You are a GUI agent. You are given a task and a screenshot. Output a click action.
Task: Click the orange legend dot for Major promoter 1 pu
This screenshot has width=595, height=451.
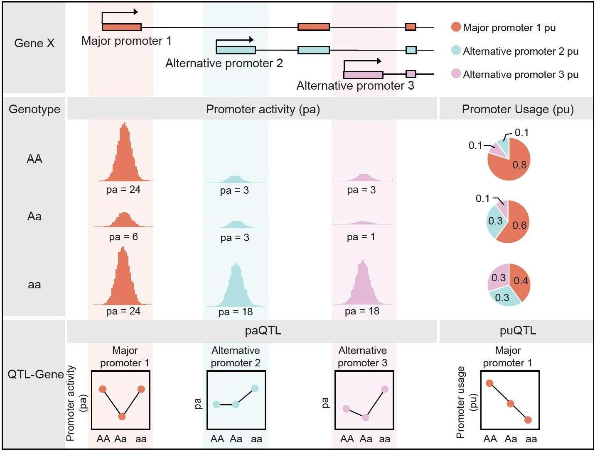(456, 27)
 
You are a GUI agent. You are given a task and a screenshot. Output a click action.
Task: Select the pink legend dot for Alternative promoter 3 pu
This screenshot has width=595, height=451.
(456, 73)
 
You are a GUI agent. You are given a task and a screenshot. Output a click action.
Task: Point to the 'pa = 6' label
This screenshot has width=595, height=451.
(123, 237)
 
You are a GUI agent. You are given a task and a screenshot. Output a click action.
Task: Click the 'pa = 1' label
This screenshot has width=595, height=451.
(361, 237)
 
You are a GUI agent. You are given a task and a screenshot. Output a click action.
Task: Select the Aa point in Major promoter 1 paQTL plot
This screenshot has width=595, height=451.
(122, 416)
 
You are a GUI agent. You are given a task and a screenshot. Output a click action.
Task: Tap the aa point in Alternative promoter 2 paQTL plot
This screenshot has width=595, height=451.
(255, 388)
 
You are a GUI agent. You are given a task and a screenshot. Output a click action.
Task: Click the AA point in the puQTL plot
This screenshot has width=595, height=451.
(489, 383)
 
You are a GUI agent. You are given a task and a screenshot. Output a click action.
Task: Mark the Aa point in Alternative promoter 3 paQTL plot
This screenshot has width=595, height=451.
(365, 417)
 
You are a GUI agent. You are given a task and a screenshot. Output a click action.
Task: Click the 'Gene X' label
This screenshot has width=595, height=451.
(34, 43)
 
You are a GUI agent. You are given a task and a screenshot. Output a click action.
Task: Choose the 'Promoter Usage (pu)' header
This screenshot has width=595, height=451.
(518, 110)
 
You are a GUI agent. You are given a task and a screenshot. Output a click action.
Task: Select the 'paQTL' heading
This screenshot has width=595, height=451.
(263, 331)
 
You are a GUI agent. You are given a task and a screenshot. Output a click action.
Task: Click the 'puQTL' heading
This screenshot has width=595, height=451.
(518, 331)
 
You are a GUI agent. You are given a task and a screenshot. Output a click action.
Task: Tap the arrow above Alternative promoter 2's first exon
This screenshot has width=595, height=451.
(235, 40)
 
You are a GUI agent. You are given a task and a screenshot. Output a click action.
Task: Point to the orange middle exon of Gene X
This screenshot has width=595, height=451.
(314, 27)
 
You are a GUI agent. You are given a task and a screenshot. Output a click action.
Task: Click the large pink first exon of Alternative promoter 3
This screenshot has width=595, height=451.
(363, 75)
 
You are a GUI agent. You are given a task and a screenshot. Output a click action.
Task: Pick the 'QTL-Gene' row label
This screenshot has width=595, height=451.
(35, 374)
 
